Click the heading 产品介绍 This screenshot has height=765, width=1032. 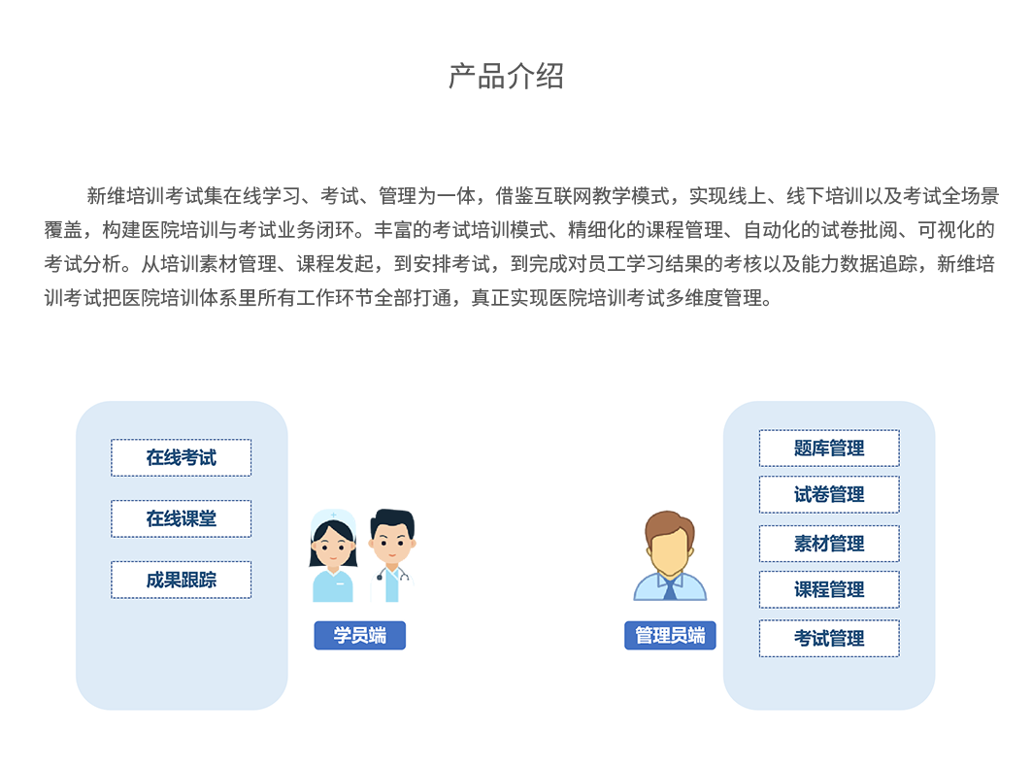(x=506, y=77)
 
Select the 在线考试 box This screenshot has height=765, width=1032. (x=181, y=457)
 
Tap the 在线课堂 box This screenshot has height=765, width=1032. (x=181, y=518)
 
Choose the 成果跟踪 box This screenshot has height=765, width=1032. (x=181, y=580)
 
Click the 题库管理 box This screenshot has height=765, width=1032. (x=828, y=448)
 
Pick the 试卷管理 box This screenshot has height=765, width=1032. (x=828, y=494)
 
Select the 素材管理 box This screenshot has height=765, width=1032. (x=828, y=543)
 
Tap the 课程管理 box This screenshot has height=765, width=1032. (x=828, y=589)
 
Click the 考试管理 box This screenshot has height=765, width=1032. (x=828, y=638)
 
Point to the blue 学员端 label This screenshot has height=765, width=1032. (x=359, y=636)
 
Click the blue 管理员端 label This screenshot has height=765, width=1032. (x=670, y=636)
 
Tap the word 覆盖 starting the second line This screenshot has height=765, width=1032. (x=63, y=230)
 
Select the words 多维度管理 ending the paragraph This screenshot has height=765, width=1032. (x=717, y=298)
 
